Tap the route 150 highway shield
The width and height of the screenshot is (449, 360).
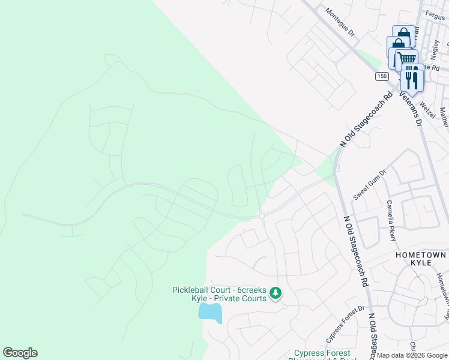tap(382, 76)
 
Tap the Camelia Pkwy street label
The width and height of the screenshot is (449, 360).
tap(391, 220)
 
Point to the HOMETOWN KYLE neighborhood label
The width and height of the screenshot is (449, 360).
tap(421, 259)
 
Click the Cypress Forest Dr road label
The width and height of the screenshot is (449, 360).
tap(345, 322)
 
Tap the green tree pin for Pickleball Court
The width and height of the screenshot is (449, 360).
tap(275, 293)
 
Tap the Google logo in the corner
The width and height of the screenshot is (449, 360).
tap(20, 353)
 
